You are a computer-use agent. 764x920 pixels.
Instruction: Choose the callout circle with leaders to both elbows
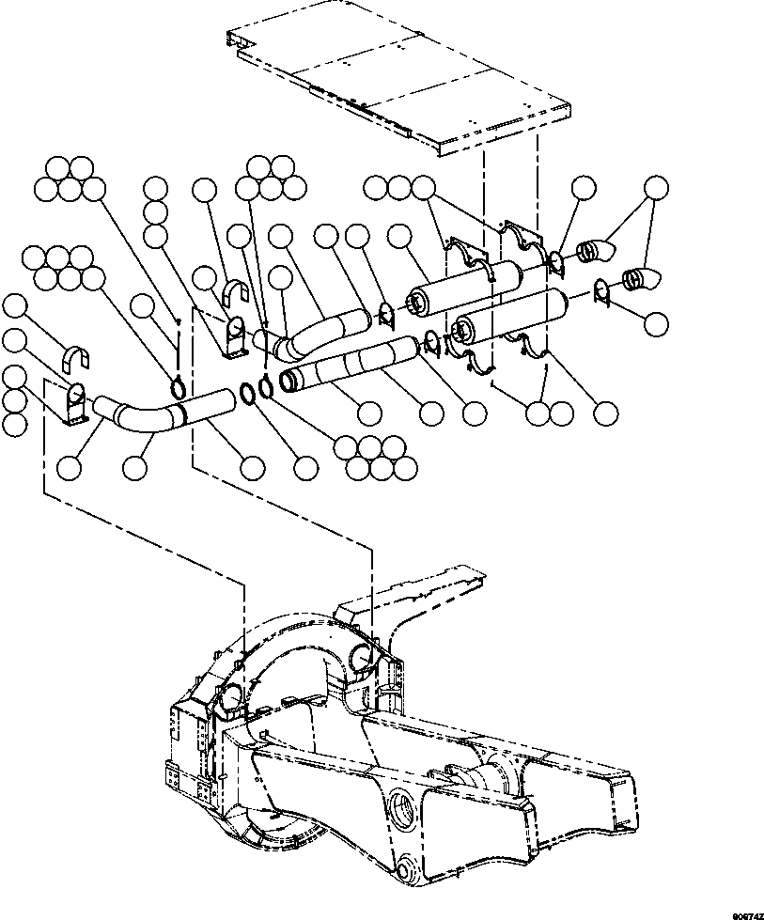[656, 187]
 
